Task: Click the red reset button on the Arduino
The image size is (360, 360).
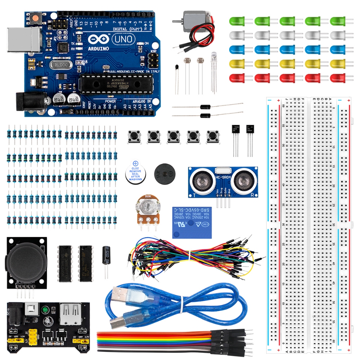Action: [x=35, y=17]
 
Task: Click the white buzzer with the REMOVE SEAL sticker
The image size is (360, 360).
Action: [x=135, y=171]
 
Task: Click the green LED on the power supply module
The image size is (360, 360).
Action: [x=45, y=310]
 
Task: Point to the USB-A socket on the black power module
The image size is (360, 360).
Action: [x=70, y=314]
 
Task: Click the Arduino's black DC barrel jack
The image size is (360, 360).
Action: [x=30, y=101]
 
